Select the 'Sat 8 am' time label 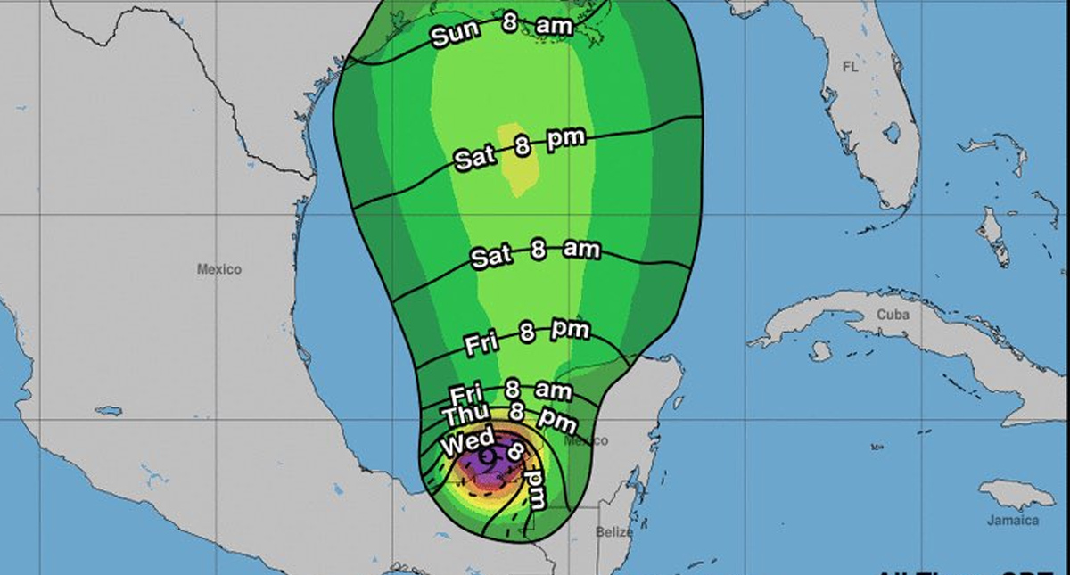[x=535, y=253]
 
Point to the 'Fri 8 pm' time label [x=527, y=336]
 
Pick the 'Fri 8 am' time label [x=511, y=391]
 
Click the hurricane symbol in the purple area [x=489, y=460]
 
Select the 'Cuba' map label [x=893, y=315]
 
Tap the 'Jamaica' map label [x=1013, y=521]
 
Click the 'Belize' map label [x=614, y=532]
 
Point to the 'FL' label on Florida [x=848, y=67]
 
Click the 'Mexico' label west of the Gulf [x=219, y=269]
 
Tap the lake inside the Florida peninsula [x=891, y=133]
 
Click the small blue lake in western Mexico [x=108, y=411]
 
